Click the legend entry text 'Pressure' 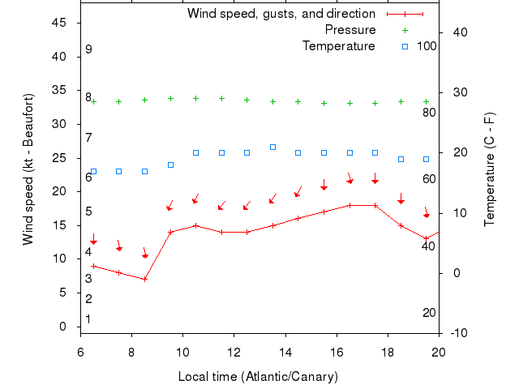tap(350, 30)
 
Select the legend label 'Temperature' tap(339, 46)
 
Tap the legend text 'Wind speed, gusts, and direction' tap(281, 14)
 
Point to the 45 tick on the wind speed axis tap(60, 23)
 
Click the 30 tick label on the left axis tap(60, 124)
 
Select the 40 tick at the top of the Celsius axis tap(459, 32)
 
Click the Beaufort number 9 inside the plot tap(88, 49)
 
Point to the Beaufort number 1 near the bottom tap(88, 319)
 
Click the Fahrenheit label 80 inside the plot tap(429, 112)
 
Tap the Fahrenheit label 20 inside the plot tap(429, 313)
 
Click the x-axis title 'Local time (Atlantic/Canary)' tap(258, 377)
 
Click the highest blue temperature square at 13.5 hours tap(272, 147)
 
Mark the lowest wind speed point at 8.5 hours tap(144, 279)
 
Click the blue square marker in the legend tap(405, 46)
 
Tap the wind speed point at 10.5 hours tap(195, 225)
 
